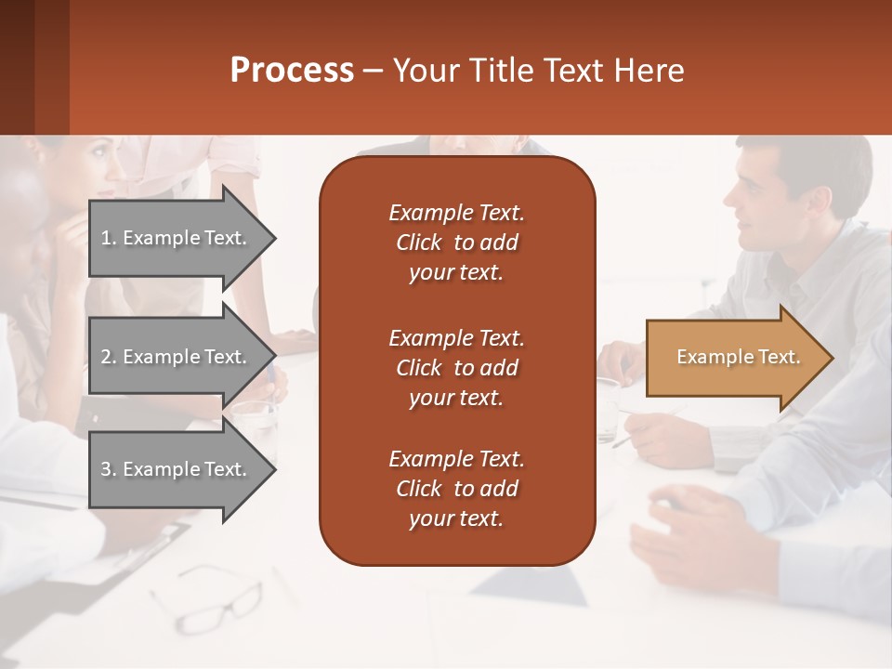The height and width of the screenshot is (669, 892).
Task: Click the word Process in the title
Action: coord(292,71)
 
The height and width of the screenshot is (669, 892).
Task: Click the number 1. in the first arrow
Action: coord(109,238)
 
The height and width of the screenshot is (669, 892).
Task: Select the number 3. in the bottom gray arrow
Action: coord(109,469)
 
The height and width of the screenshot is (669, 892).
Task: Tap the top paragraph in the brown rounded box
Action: coord(456,243)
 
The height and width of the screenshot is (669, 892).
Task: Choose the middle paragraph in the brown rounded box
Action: coord(456,368)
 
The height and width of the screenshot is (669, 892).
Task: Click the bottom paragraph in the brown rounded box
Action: coord(456,489)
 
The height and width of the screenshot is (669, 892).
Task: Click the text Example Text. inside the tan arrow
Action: coord(739,358)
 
